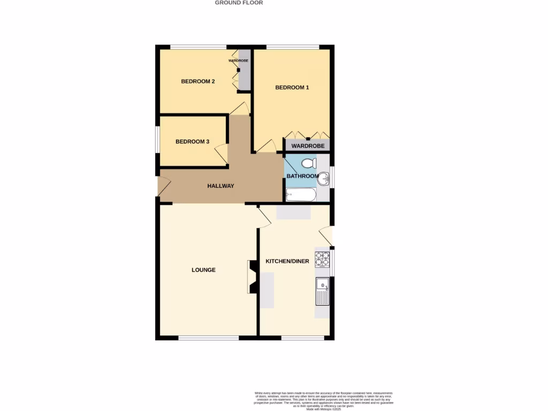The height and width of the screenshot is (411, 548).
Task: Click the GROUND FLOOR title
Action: coord(239,3)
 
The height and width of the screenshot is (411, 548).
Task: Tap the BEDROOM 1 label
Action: coord(292,87)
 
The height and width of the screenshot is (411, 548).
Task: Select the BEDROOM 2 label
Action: coord(198,81)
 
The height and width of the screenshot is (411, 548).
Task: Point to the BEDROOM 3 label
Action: coord(192,142)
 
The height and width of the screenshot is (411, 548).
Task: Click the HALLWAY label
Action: coord(220,186)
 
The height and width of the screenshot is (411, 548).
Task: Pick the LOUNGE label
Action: coord(203,270)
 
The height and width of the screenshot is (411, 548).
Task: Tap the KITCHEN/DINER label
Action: coord(287,261)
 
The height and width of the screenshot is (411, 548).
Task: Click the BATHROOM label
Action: coord(302,176)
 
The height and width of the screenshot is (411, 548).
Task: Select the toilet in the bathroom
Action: coord(309,163)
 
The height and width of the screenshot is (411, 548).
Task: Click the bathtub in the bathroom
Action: coord(301,195)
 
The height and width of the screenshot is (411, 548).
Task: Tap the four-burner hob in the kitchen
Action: coord(322,259)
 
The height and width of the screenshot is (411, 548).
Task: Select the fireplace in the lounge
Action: coord(251,277)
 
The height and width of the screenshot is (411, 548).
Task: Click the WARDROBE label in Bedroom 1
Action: coord(308,146)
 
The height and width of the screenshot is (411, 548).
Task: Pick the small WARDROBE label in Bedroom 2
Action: coord(238,61)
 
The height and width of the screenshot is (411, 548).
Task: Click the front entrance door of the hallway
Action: coord(163,185)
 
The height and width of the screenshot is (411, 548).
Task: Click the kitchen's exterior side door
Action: coord(326,236)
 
